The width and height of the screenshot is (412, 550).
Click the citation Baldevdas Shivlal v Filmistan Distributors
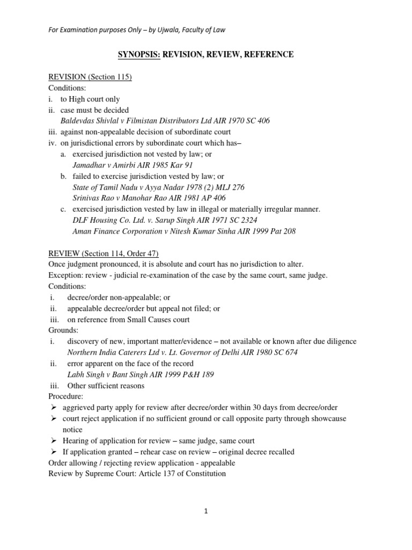tap(165, 121)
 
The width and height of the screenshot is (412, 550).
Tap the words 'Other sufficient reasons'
tap(106, 386)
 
